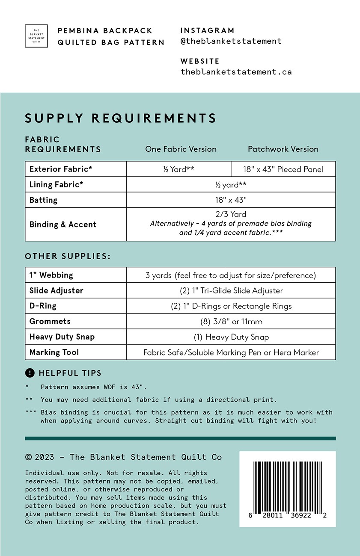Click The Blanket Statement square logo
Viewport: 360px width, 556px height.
coord(36,36)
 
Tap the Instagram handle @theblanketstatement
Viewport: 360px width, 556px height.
coord(231,41)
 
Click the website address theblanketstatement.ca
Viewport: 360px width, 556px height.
coord(236,72)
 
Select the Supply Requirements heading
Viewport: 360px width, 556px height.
coord(121,118)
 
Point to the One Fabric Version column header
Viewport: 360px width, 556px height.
coord(181,149)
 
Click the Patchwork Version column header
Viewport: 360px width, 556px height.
coord(283,149)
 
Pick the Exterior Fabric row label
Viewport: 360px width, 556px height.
coord(61,169)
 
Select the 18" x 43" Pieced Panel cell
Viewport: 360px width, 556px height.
coord(283,169)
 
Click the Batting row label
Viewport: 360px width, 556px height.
coord(43,200)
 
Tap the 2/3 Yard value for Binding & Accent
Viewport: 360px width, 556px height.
coord(231,214)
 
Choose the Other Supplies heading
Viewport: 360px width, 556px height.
coord(68,257)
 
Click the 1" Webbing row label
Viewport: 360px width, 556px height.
coord(51,275)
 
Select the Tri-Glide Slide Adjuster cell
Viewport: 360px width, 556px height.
coord(231,291)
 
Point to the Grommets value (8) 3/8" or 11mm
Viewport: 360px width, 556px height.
coord(231,322)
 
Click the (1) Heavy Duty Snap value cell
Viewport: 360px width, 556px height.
coord(231,337)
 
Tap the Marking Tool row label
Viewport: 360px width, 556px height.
coord(54,352)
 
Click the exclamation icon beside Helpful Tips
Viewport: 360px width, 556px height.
coord(30,373)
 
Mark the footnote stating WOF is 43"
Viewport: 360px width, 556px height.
coord(93,387)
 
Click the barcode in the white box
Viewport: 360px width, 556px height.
coord(287,488)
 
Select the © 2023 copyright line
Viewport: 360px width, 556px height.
coord(123,457)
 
